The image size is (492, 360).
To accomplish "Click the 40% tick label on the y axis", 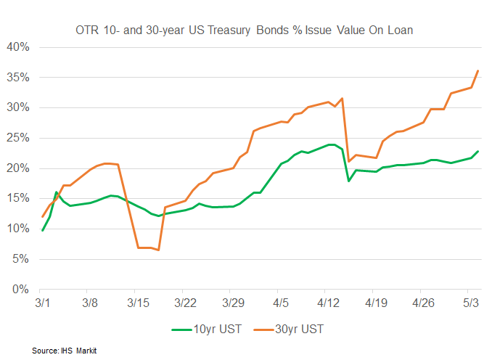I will (x=17, y=47).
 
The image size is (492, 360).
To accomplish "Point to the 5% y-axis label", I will (x=20, y=259).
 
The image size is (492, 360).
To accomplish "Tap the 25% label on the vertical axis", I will (x=17, y=138).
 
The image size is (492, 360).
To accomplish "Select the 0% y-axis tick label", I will (x=20, y=290).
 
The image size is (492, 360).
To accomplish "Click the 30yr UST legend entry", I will (x=291, y=329).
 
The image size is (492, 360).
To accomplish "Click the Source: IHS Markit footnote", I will (x=65, y=351).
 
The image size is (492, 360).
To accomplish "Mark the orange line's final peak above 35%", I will (x=477, y=70).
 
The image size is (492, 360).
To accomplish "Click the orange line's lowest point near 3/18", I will (x=158, y=250).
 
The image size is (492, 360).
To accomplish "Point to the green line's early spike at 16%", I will (x=56, y=192).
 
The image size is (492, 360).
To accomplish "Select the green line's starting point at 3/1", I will (x=42, y=231).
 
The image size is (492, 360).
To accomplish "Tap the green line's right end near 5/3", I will (x=477, y=151).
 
